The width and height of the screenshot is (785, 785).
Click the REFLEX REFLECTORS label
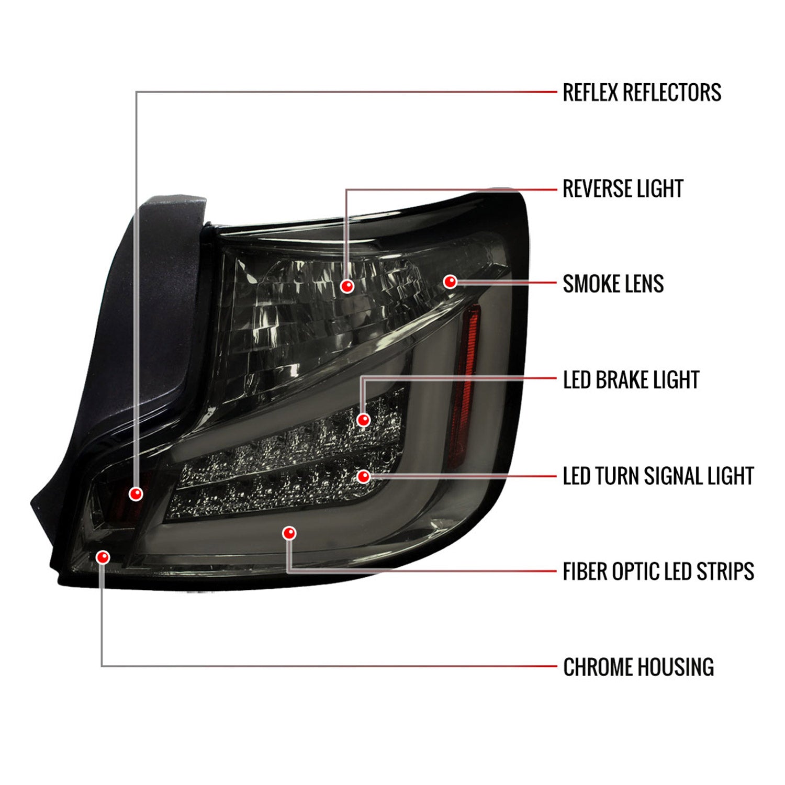[x=642, y=92]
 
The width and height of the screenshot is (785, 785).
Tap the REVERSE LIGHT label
[x=623, y=188]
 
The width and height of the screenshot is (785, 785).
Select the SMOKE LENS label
[x=613, y=284]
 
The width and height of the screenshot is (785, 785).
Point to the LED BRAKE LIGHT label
[x=631, y=380]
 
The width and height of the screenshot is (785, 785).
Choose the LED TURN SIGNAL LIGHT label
[x=658, y=476]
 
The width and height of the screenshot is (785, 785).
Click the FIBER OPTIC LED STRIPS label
[x=658, y=571]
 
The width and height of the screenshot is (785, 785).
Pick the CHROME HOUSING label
[x=638, y=667]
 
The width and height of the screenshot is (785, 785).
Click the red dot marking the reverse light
[x=347, y=286]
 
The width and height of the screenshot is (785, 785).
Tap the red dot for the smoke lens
[x=450, y=282]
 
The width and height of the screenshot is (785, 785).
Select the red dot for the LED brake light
[x=363, y=419]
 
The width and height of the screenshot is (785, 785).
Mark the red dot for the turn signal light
[x=364, y=476]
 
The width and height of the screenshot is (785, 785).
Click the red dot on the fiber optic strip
[x=289, y=533]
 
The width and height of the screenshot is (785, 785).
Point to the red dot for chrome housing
[x=103, y=557]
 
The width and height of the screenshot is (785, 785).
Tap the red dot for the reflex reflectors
[x=136, y=494]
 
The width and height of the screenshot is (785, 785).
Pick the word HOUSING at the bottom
[x=676, y=667]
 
